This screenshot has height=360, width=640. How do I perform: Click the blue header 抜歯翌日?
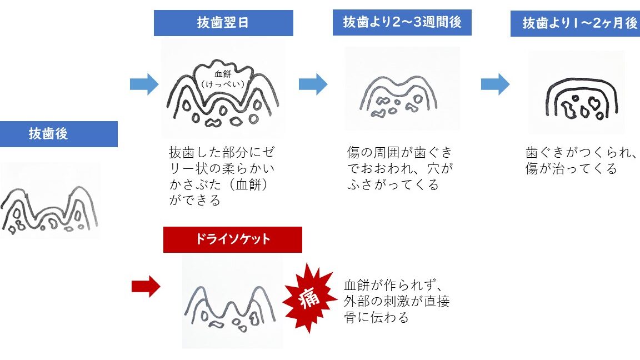tap(223, 23)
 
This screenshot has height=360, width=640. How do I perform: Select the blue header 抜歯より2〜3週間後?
tap(402, 23)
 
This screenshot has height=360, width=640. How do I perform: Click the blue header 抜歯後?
tap(48, 134)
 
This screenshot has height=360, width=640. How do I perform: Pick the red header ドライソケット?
tap(232, 239)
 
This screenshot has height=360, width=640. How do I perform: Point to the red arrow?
tap(146, 287)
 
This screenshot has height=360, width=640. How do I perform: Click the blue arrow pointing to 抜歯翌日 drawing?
tap(144, 84)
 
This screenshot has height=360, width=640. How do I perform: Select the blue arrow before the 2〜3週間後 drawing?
tap(313, 84)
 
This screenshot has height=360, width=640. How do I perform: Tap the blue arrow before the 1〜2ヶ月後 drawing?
tap(495, 84)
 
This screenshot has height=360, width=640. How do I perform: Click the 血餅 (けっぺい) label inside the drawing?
tap(226, 79)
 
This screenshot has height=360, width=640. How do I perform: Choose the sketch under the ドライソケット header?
tap(232, 308)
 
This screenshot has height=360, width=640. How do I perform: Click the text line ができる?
tap(194, 199)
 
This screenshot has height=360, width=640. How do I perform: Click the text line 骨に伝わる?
tap(377, 317)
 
